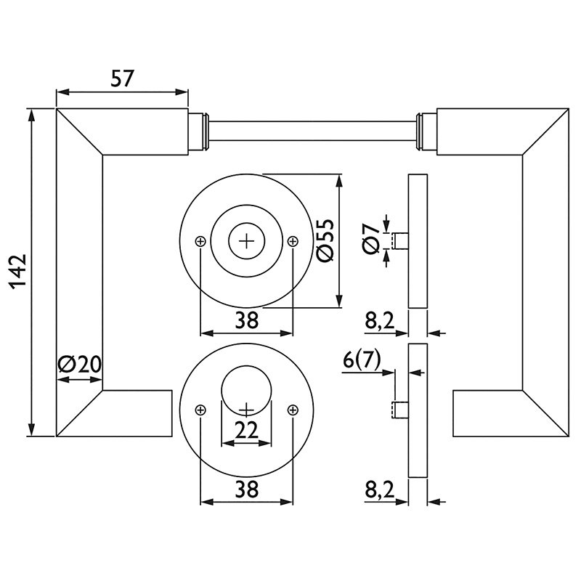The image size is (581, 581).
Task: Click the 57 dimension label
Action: (122, 78)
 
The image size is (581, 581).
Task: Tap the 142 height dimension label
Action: (18, 272)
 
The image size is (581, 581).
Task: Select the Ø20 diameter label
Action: (80, 365)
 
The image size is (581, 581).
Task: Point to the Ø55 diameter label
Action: (325, 241)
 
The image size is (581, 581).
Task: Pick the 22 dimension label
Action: (246, 431)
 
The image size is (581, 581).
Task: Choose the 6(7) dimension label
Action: (362, 359)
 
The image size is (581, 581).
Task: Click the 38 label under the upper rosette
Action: (247, 320)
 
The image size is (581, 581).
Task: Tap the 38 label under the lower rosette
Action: (247, 489)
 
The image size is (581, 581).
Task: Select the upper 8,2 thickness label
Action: (380, 320)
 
